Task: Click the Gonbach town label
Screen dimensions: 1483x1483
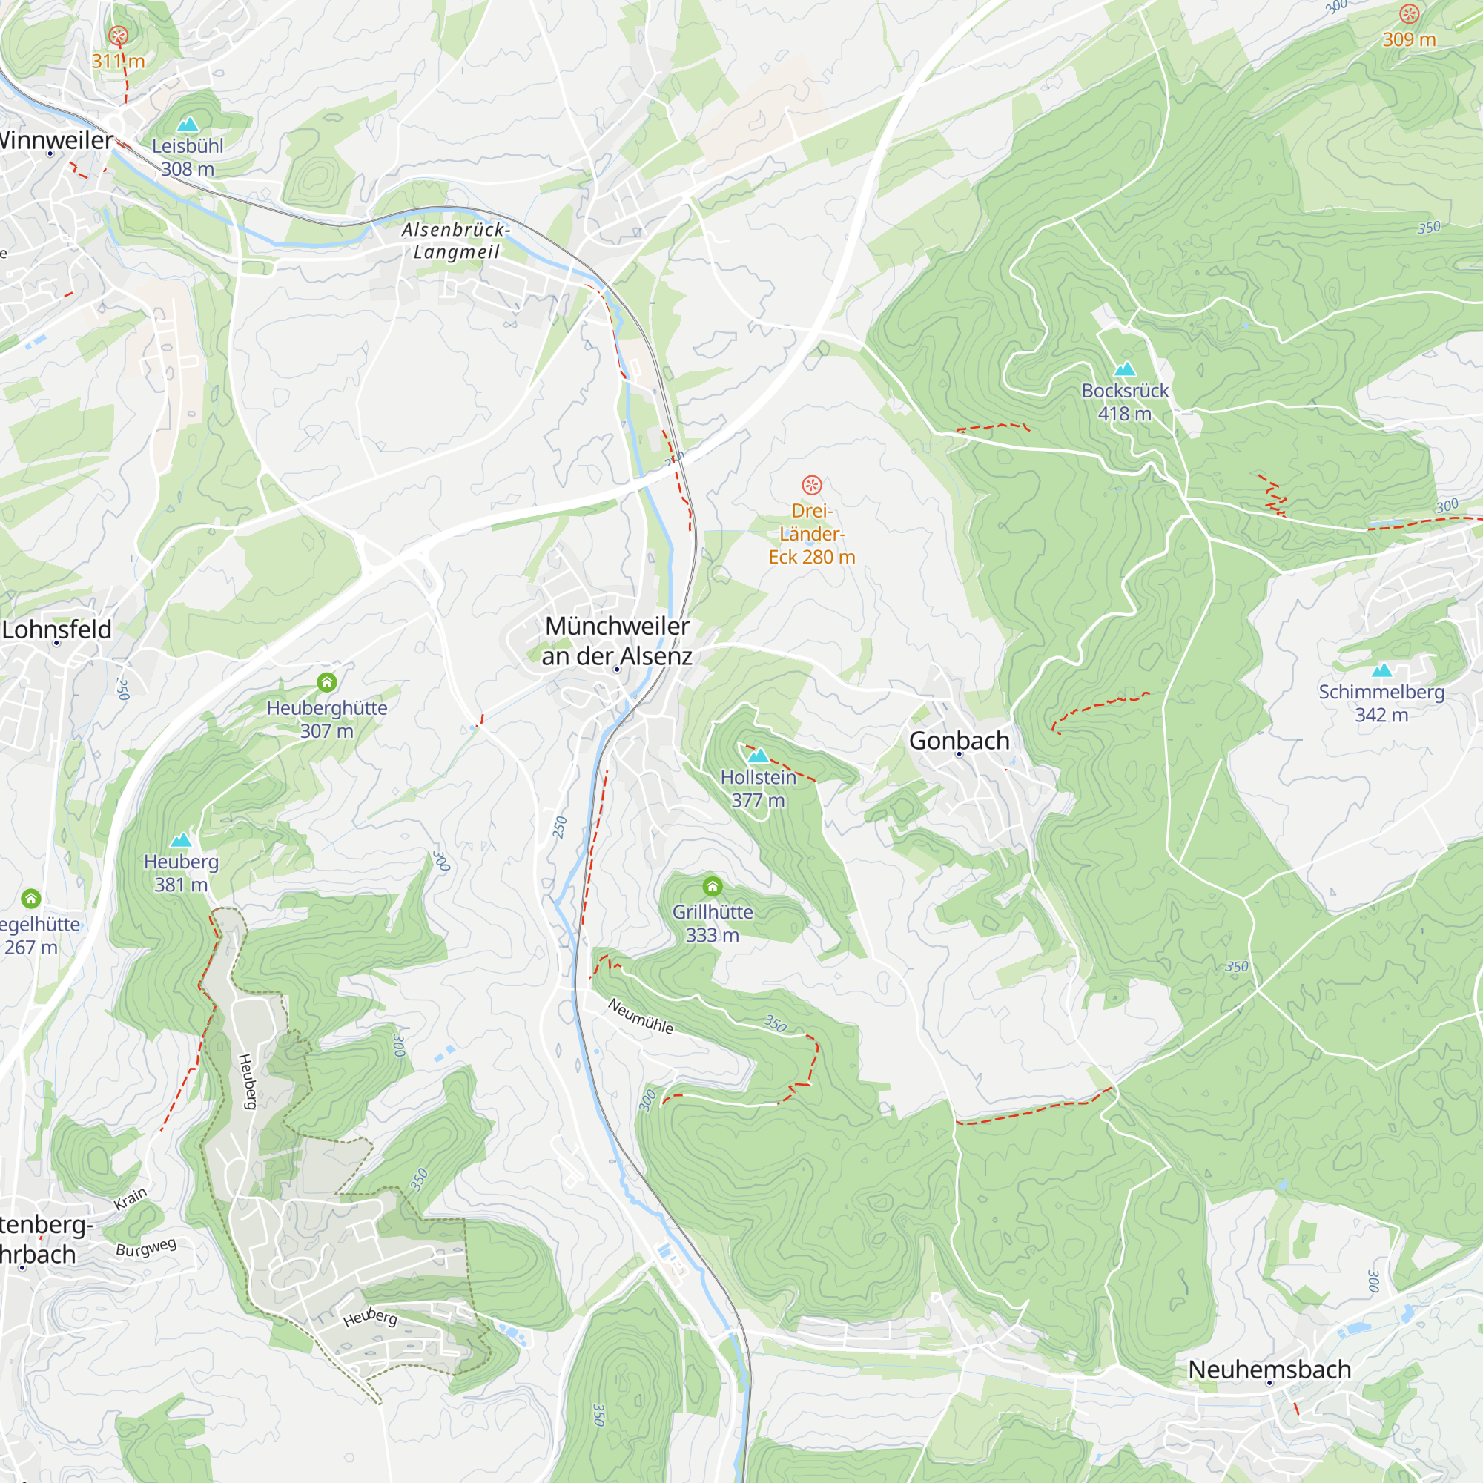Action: [959, 741]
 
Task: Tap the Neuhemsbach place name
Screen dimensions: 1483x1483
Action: [1269, 1370]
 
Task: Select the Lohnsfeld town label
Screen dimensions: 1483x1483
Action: [57, 630]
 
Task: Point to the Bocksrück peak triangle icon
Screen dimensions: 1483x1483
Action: [1125, 369]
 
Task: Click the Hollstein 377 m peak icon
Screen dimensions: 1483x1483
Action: [758, 756]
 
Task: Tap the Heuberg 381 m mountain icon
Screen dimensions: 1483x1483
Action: [181, 840]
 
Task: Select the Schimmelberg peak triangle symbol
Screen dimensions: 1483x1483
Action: [1381, 670]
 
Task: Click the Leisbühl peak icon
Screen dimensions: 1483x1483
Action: [188, 125]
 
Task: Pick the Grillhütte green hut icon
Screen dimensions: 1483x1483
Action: [713, 888]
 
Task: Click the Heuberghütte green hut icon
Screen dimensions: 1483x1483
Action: [327, 681]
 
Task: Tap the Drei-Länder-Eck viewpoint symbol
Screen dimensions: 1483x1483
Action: [811, 485]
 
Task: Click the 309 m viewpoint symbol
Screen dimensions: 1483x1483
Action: [1409, 14]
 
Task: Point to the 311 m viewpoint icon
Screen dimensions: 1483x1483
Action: [117, 36]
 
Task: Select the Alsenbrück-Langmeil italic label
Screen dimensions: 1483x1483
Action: [456, 240]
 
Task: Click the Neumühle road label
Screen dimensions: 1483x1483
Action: [640, 1017]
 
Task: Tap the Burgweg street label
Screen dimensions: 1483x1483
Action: [146, 1247]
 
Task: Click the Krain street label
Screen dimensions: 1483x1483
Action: [131, 1199]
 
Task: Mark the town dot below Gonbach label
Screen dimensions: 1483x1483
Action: [959, 755]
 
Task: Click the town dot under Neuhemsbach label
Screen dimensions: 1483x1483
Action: [1269, 1383]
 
